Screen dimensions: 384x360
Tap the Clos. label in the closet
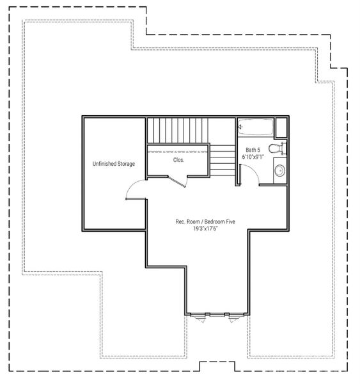[x=178, y=160]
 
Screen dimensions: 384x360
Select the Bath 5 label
[x=253, y=150]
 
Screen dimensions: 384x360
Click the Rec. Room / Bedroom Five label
[x=206, y=221]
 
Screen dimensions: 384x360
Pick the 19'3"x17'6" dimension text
[x=206, y=228]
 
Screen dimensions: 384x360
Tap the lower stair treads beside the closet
[x=223, y=159]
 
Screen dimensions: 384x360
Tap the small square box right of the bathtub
[x=281, y=126]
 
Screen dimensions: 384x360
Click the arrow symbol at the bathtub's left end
[x=240, y=127]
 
